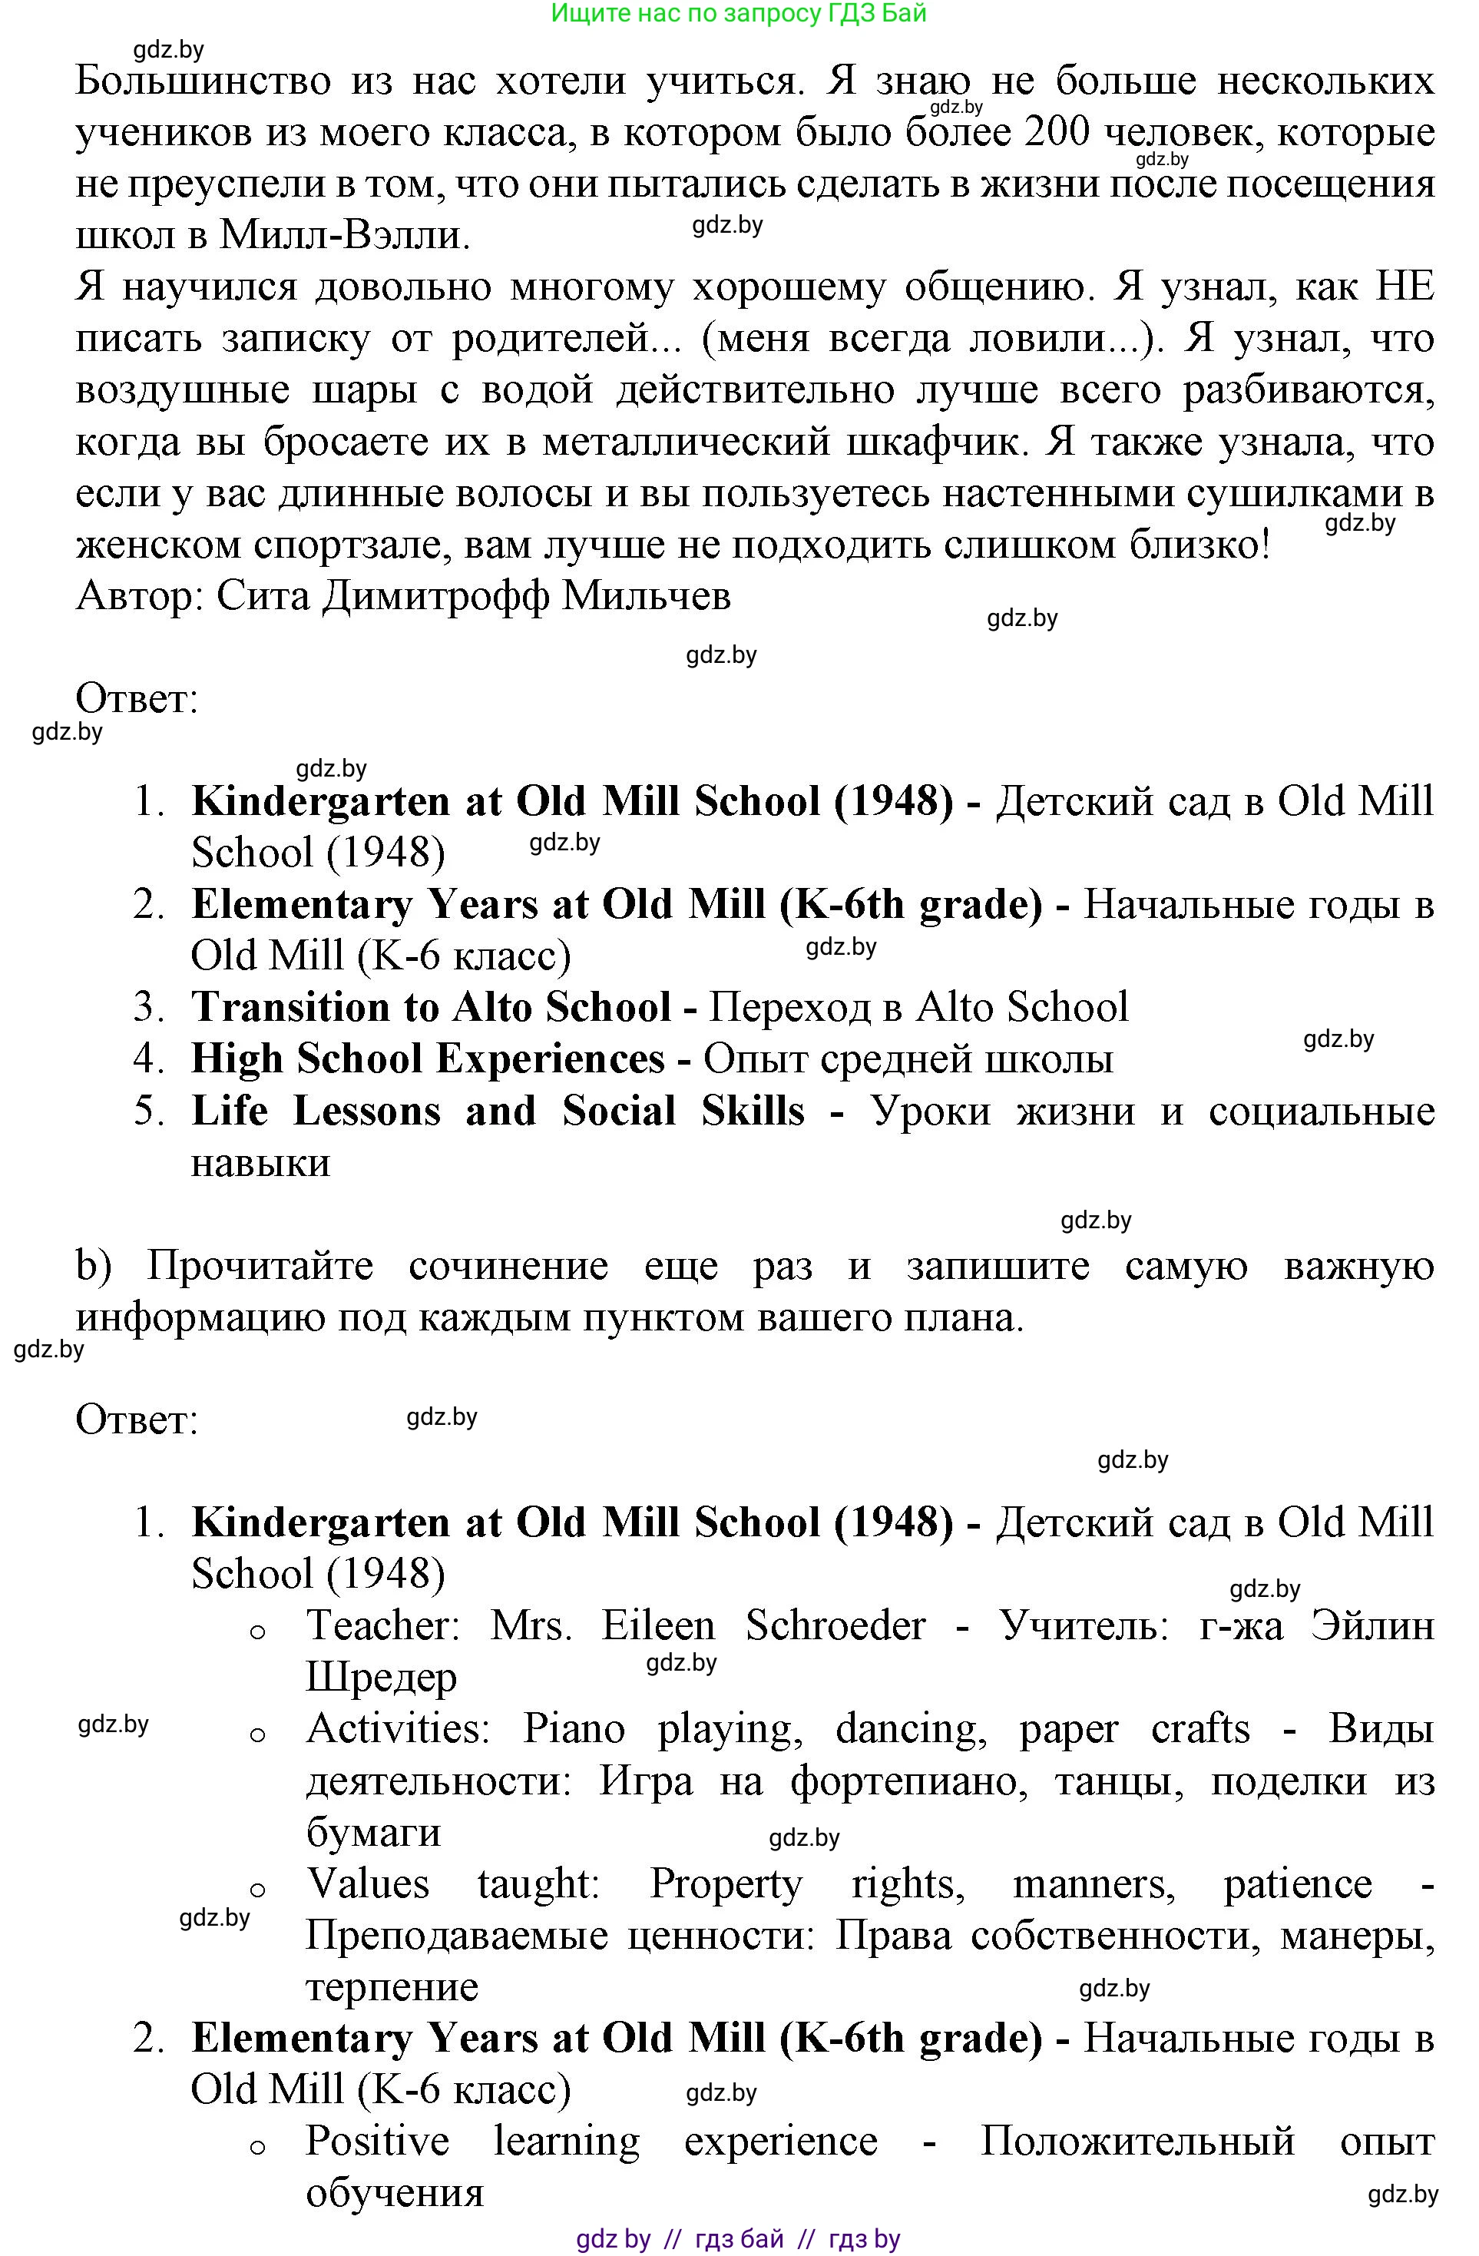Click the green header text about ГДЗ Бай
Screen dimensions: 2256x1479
click(x=738, y=13)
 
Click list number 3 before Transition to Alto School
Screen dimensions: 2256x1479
click(x=149, y=1008)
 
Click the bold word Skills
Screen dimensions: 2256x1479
click(x=753, y=1111)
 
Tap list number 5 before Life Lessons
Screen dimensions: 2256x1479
click(x=149, y=1111)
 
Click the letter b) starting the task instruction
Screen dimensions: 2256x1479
click(x=94, y=1267)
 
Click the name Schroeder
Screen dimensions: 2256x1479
click(x=835, y=1627)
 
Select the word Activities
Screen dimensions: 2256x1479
click(x=397, y=1730)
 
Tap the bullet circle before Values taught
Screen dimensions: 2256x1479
click(x=256, y=1891)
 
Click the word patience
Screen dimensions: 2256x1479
click(x=1297, y=1884)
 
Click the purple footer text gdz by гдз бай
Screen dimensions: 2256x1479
click(x=738, y=2240)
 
